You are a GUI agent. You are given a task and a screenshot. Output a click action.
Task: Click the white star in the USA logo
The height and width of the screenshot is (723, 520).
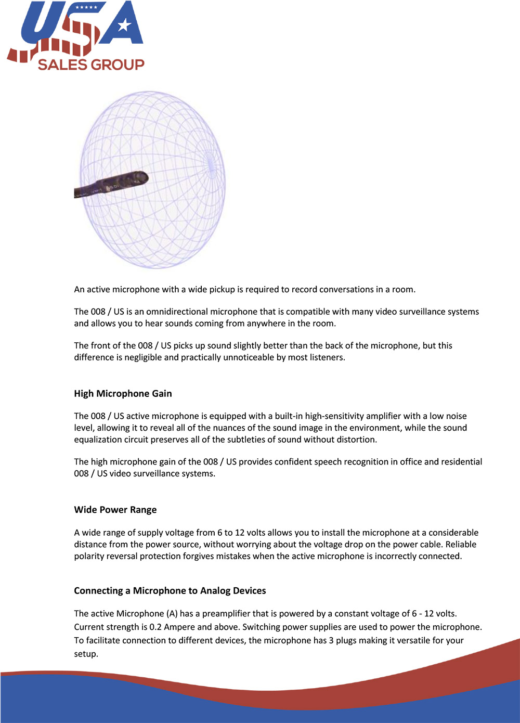tap(124, 24)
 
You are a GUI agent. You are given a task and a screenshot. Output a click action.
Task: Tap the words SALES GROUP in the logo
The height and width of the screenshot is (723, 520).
tap(91, 64)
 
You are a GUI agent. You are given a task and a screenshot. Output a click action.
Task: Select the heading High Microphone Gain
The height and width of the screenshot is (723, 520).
tap(123, 394)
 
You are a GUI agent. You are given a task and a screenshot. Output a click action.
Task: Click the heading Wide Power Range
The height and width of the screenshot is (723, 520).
tap(115, 510)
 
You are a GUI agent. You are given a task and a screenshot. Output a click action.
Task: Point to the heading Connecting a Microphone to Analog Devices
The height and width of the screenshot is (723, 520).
tap(170, 591)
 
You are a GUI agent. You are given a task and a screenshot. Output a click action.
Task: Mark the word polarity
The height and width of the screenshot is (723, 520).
tap(89, 556)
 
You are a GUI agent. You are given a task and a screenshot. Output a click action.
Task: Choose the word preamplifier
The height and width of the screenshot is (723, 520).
tap(228, 614)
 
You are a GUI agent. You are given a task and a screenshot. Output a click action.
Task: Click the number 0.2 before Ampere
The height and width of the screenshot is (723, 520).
tap(155, 627)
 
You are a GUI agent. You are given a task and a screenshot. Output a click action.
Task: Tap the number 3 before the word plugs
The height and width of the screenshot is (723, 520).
tap(331, 641)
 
